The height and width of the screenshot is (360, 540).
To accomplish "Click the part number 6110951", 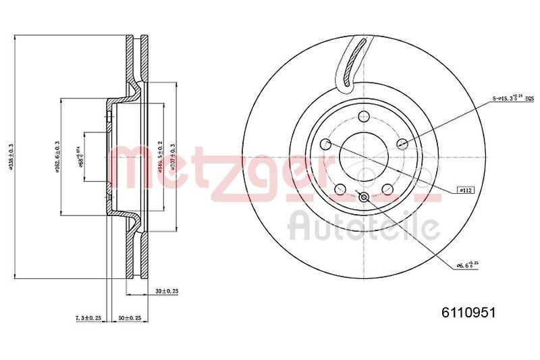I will click(x=468, y=312).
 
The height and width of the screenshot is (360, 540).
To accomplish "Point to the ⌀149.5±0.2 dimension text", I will click(x=160, y=156).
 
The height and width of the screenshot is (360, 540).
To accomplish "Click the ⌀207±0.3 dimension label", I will click(x=173, y=156).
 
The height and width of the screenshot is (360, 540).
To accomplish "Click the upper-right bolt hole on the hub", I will click(x=404, y=143).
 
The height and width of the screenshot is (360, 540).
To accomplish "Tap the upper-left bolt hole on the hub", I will click(x=325, y=144).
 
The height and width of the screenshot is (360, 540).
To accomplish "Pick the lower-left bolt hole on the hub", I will click(x=340, y=189).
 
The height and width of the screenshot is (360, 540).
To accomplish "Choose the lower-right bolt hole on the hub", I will click(x=389, y=189).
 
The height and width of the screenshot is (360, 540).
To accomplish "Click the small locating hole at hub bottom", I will click(x=364, y=197).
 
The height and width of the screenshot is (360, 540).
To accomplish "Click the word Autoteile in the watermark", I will click(x=361, y=226).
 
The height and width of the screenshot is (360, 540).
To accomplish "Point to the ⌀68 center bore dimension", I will click(x=80, y=156).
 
